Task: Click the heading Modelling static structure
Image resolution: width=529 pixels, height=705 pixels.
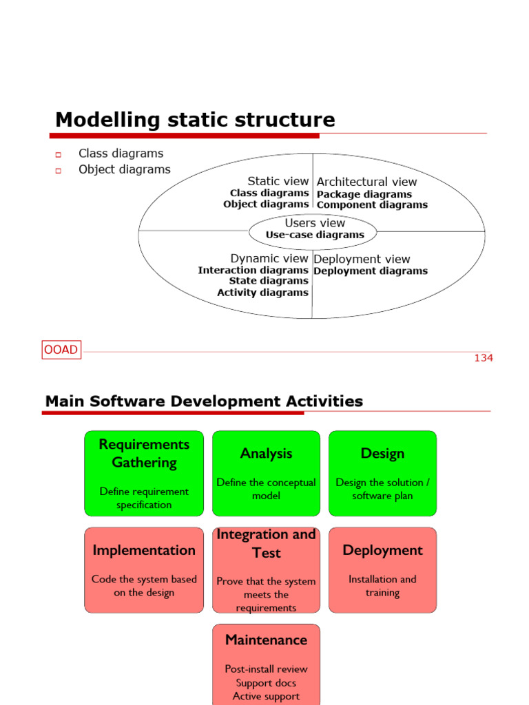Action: click(x=195, y=120)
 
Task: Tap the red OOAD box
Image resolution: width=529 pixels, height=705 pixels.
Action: click(x=61, y=350)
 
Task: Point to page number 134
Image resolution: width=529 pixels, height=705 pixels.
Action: click(x=484, y=358)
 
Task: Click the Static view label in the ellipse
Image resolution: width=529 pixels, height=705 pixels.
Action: click(x=278, y=181)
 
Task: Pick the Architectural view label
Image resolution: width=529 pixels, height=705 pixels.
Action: click(x=366, y=182)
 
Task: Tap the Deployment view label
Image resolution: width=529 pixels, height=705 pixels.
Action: click(x=362, y=259)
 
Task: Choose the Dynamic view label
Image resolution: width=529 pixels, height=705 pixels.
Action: click(x=269, y=258)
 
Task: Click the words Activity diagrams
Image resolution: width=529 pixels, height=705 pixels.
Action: click(x=262, y=293)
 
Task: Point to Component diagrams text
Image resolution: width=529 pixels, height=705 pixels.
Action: click(x=372, y=204)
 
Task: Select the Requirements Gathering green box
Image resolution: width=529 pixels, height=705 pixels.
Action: click(x=144, y=473)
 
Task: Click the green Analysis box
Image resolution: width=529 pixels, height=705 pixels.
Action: click(x=266, y=473)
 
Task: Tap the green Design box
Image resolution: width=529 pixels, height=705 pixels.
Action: click(x=382, y=473)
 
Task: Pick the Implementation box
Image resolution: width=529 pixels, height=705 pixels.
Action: click(x=144, y=570)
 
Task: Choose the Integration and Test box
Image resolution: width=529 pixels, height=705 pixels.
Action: click(x=266, y=570)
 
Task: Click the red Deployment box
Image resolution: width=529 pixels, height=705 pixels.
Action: click(x=382, y=570)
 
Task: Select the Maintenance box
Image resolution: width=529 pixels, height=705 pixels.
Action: click(x=266, y=664)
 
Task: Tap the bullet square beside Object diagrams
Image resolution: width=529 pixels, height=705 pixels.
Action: click(x=59, y=170)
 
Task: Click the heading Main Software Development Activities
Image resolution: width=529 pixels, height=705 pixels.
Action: click(x=204, y=401)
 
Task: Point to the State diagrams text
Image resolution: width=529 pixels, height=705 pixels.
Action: click(x=269, y=281)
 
